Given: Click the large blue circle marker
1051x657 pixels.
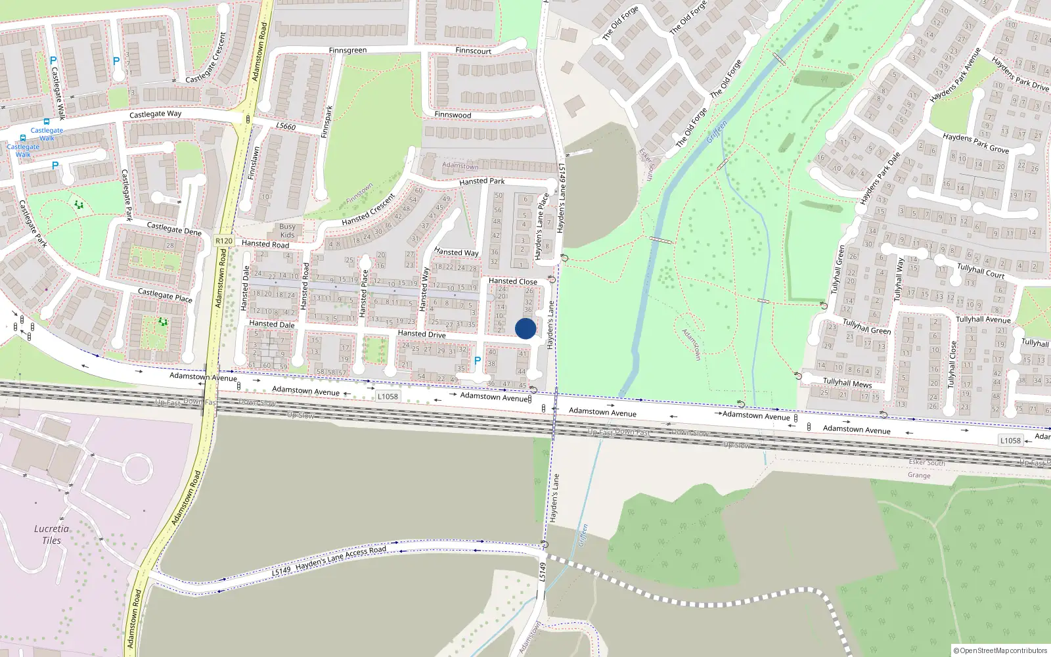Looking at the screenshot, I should click(x=525, y=328).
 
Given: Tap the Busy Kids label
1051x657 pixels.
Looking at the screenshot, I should click(x=287, y=231).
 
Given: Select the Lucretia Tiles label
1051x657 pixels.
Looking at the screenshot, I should click(x=51, y=534).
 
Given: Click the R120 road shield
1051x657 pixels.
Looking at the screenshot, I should click(x=224, y=240).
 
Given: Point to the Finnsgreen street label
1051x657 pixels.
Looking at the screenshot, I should click(x=347, y=50).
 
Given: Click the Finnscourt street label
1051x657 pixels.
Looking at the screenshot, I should click(x=473, y=51).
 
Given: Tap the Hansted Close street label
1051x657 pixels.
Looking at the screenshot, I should click(x=512, y=281).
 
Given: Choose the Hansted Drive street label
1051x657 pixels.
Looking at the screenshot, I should click(x=422, y=334).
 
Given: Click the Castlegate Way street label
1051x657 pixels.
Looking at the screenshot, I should click(x=155, y=114).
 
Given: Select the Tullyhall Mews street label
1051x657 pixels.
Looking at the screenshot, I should click(x=847, y=382).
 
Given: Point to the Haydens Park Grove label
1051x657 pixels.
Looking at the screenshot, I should click(x=975, y=143).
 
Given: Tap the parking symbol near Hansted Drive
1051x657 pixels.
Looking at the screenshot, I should click(x=478, y=361).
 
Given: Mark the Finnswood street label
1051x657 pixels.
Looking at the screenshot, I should click(x=453, y=114).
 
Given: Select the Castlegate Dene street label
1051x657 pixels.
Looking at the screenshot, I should click(x=174, y=229).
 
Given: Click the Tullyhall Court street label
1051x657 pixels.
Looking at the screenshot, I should click(x=981, y=270).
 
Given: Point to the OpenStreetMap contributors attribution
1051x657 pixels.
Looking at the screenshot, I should click(x=1000, y=650).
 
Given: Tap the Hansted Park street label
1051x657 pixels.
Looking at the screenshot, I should click(x=482, y=181).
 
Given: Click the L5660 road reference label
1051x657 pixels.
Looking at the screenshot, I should click(x=286, y=126).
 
